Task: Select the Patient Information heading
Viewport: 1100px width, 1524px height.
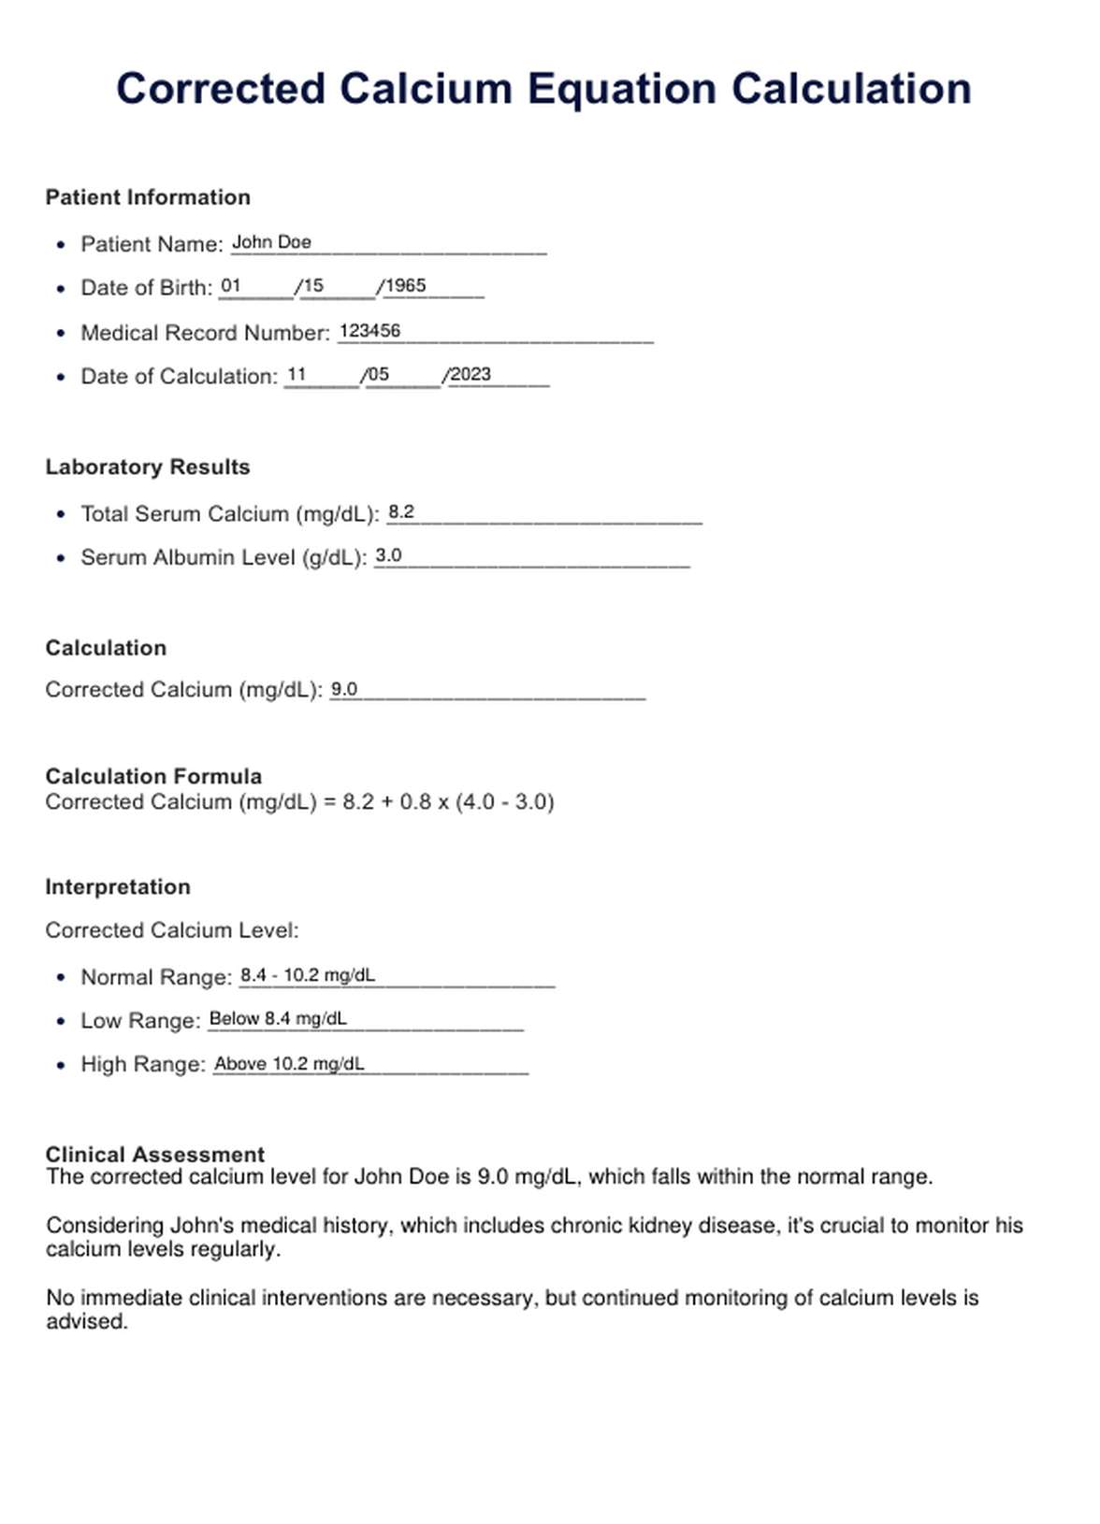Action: (x=148, y=197)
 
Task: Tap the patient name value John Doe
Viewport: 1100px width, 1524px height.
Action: (x=271, y=242)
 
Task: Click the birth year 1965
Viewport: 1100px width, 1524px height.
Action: (x=406, y=286)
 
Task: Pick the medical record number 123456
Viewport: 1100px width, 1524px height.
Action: (x=369, y=331)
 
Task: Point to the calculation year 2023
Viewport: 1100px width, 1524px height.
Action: (x=470, y=374)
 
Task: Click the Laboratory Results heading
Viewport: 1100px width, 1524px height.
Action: (x=148, y=467)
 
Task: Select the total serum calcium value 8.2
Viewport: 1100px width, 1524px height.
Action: (x=401, y=511)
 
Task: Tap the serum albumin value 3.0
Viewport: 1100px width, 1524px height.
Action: (x=388, y=555)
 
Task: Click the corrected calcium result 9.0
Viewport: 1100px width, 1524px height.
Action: (x=344, y=689)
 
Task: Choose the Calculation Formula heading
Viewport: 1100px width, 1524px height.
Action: (x=153, y=776)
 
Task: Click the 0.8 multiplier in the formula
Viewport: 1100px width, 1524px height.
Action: (x=415, y=802)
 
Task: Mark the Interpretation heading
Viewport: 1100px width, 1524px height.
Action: (x=118, y=886)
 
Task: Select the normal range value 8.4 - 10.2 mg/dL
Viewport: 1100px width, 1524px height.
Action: (x=308, y=975)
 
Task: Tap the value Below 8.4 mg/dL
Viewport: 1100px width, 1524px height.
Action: (x=278, y=1018)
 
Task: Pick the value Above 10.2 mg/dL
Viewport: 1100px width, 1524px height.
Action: (x=289, y=1063)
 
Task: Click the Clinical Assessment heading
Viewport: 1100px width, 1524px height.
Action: (x=155, y=1154)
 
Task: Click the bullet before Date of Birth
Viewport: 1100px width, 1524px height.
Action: (x=62, y=289)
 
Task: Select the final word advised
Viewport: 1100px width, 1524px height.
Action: (x=86, y=1322)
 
